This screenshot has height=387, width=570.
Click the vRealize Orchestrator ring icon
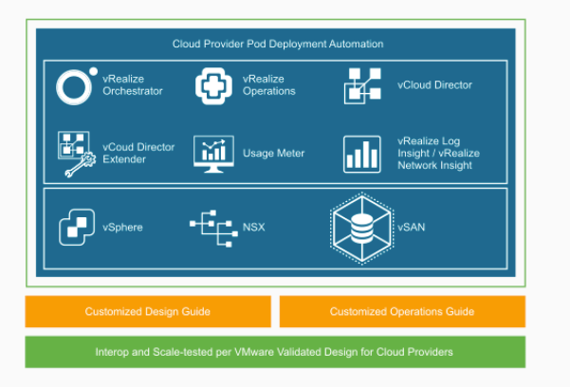(x=75, y=86)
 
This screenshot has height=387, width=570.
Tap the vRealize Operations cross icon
(x=213, y=86)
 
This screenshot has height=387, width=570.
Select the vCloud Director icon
(x=362, y=86)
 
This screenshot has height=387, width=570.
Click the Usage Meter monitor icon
(x=213, y=153)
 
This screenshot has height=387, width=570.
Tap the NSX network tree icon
(x=213, y=228)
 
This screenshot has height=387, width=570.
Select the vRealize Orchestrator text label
(x=132, y=85)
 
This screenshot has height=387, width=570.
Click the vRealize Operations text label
(x=269, y=85)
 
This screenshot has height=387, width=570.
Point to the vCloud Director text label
(x=434, y=85)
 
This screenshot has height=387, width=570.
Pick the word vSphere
(x=122, y=228)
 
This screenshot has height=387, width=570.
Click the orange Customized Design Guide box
(x=148, y=311)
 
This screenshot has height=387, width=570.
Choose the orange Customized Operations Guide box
(x=402, y=311)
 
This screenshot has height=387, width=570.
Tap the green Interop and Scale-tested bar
(x=275, y=352)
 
